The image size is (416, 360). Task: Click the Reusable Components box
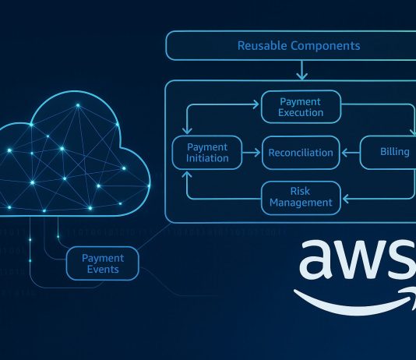point(298,46)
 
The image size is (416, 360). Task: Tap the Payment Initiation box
point(207,152)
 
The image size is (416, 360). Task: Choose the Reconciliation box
point(301,152)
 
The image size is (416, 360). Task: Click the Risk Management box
point(300,197)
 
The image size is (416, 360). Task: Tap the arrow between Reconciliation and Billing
point(350,152)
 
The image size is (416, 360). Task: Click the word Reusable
point(262,46)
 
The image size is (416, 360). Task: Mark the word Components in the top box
point(326,46)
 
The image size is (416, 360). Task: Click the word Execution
point(301,113)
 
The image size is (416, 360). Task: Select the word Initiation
point(207,158)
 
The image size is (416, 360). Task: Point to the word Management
point(300,203)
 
